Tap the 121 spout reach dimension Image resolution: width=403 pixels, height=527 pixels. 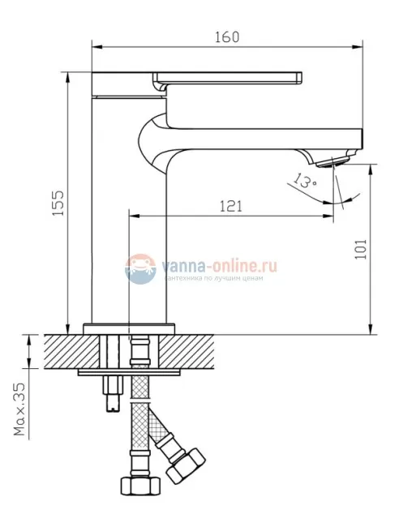tap(230, 206)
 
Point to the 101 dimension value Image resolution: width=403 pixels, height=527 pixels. tap(360, 248)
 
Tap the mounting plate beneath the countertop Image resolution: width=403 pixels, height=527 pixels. tap(129, 373)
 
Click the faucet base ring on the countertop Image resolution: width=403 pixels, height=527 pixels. tap(130, 328)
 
